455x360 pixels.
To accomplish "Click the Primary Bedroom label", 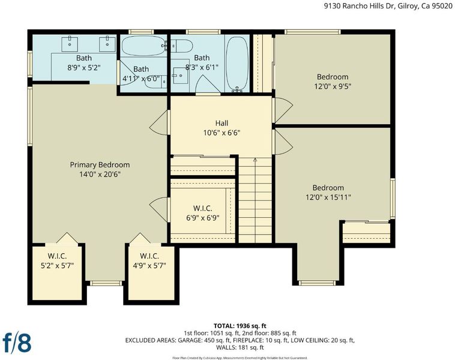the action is coord(100,165).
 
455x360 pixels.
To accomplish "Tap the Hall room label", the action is coord(221,123).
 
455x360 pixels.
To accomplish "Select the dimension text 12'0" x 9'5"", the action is coord(333,86).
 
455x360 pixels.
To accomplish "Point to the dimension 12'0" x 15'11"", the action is coord(328,197).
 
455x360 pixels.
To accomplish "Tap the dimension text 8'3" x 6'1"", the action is coord(202,67).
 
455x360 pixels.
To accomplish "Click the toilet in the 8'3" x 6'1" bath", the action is coord(182,46).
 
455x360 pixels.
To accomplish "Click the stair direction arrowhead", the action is coord(255,160).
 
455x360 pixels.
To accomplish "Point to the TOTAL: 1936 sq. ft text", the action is coord(240,326).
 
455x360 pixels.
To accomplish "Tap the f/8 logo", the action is coord(17,343).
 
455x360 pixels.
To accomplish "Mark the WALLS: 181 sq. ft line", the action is coord(240,347).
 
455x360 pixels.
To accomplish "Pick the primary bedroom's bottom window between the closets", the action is coord(106,283).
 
